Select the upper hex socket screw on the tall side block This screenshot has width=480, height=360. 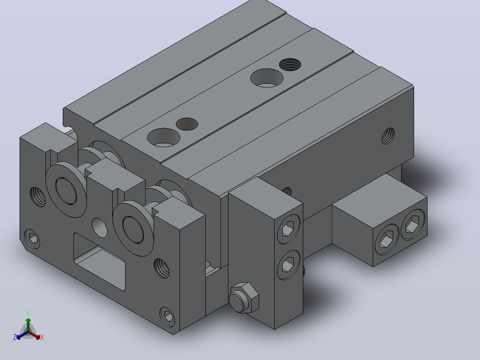[289, 229]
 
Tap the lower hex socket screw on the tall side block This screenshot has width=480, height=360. [289, 265]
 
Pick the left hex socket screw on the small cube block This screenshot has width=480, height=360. [387, 239]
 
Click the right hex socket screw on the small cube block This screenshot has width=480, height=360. [413, 225]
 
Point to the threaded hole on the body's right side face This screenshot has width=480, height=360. [388, 136]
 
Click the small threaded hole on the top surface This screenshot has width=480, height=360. [290, 65]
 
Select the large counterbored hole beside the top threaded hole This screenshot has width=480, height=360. [267, 78]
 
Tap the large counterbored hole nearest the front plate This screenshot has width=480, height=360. [164, 137]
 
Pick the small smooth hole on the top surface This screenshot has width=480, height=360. [187, 124]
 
